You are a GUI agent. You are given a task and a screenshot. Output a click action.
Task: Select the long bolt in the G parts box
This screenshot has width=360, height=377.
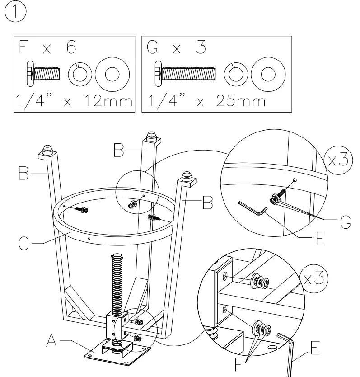185,73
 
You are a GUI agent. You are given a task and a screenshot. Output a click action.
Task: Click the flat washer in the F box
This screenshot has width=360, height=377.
112,73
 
